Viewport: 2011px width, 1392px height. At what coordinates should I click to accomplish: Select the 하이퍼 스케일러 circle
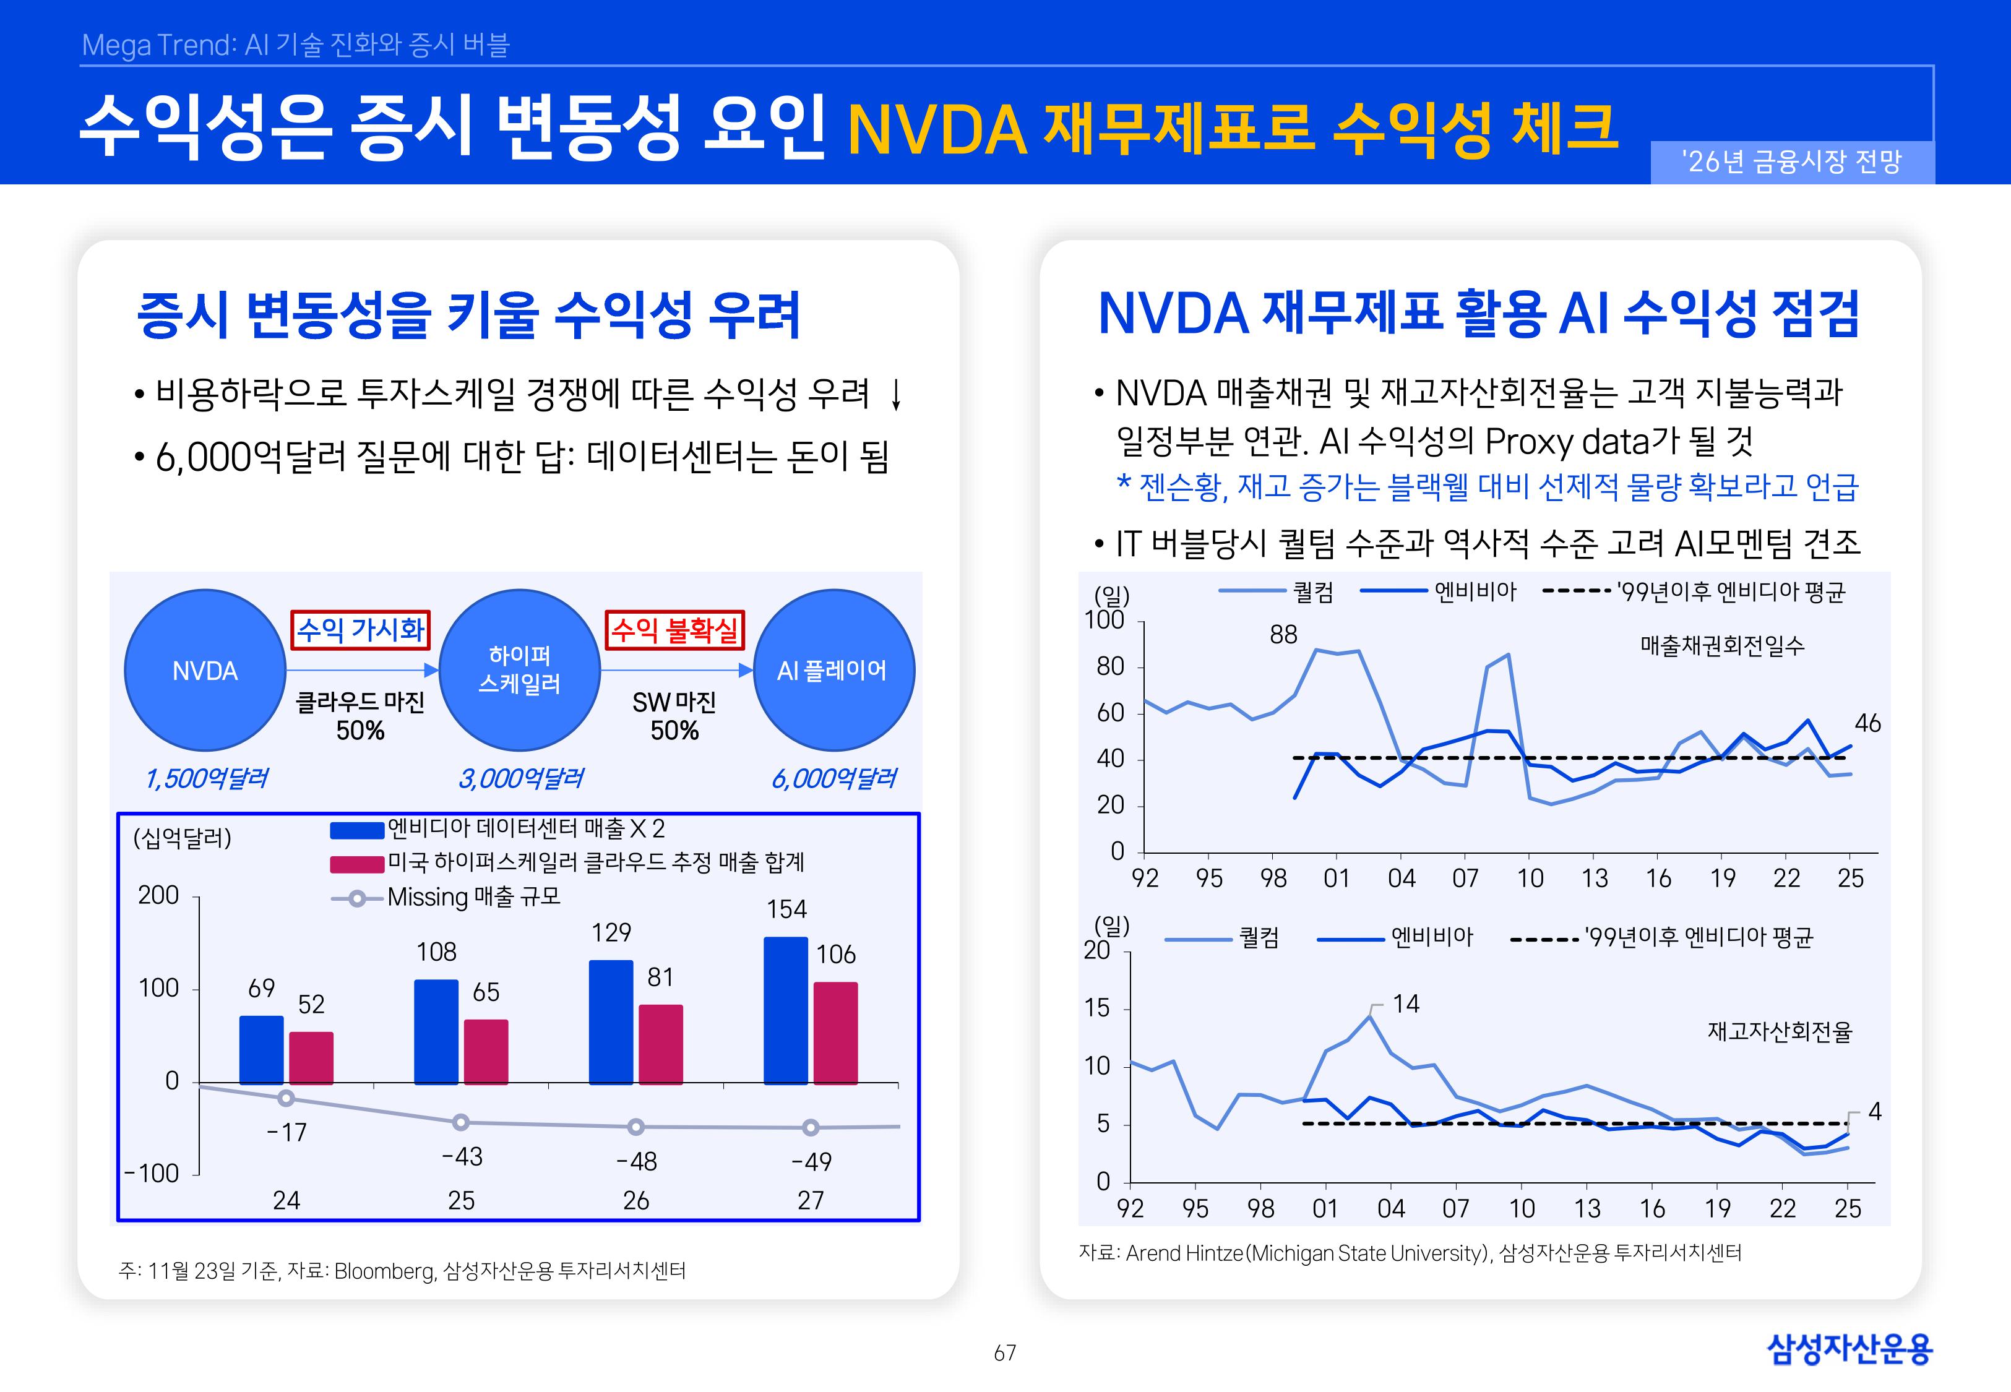point(520,670)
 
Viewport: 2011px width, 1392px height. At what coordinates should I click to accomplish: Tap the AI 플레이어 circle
point(832,670)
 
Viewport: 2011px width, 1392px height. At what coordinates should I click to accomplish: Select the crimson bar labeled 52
point(311,1057)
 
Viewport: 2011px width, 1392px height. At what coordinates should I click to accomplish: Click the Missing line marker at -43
point(462,1122)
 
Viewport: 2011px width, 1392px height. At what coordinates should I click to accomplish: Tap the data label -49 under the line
point(811,1162)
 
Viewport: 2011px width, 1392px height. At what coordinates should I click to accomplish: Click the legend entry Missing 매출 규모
point(473,898)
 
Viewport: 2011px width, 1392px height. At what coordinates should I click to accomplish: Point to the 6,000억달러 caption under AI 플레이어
point(833,778)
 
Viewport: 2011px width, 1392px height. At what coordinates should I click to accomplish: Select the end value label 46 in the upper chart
point(1867,723)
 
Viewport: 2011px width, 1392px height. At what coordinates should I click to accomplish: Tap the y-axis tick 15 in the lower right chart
point(1097,1008)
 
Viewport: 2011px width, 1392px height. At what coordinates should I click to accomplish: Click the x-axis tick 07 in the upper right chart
point(1465,879)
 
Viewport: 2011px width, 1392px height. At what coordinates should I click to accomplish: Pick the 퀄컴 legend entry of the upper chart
point(1312,592)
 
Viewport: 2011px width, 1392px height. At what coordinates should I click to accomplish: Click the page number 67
point(1005,1353)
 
